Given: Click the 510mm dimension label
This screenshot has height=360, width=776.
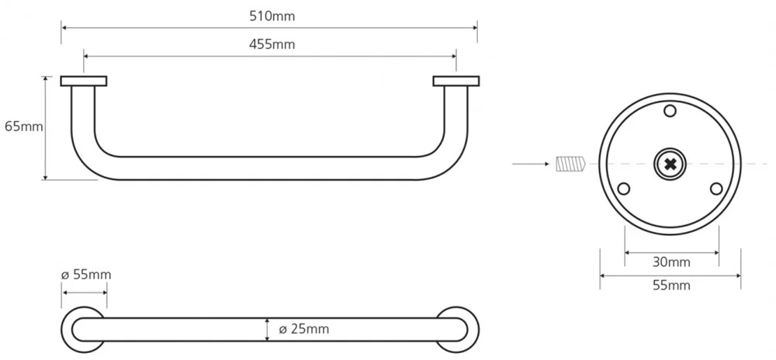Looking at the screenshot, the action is (272, 16).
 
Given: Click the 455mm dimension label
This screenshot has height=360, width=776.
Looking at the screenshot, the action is (272, 44).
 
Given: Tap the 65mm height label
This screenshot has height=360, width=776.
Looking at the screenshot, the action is (24, 126).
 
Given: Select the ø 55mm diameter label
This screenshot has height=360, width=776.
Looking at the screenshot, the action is (86, 275).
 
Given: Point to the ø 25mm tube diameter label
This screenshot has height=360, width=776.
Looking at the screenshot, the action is (304, 329).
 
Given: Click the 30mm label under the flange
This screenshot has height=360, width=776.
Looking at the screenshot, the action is (671, 262).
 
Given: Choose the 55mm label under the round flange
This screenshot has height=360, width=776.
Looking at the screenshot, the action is (671, 286).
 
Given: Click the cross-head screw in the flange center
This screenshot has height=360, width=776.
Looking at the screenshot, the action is (670, 164).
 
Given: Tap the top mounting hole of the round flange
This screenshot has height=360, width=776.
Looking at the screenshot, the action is (670, 110).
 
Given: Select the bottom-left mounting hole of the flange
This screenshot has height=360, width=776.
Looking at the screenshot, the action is (624, 189).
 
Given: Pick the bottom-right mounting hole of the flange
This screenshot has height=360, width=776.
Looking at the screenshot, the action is (716, 189).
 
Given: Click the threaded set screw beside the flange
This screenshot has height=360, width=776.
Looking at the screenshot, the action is (570, 164).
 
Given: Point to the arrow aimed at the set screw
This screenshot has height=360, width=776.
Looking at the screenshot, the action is (531, 164).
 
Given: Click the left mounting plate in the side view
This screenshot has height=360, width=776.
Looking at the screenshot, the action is (84, 81).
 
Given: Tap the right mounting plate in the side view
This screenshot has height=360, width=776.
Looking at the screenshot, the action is (456, 81).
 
